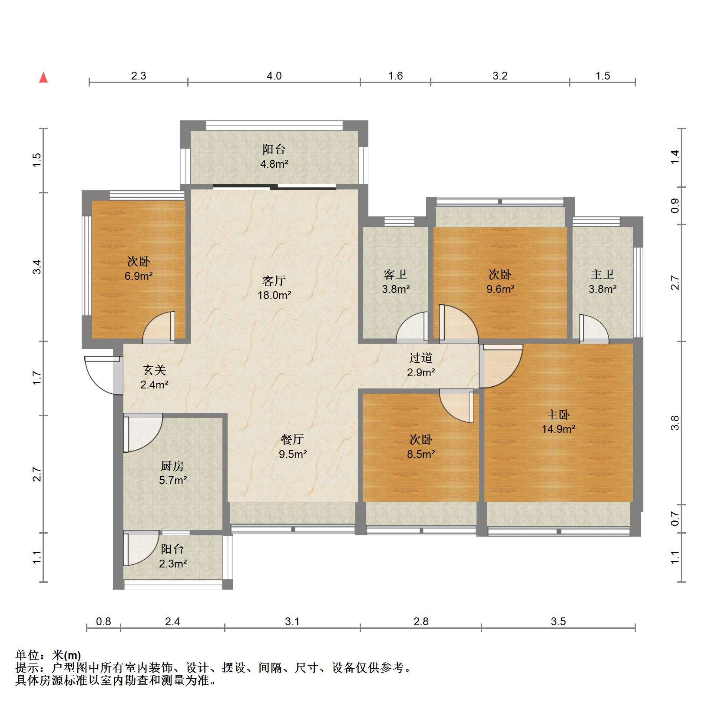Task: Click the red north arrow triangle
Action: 43,78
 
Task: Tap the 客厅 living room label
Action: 274,281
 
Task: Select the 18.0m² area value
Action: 274,295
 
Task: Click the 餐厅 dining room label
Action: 292,440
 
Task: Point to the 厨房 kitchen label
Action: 172,466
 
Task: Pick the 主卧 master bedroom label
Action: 558,415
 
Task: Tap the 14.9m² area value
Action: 558,429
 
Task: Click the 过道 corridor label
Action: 421,358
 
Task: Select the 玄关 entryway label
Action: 155,370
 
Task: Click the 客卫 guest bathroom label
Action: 395,274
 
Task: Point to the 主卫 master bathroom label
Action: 603,274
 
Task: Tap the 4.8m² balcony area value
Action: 274,164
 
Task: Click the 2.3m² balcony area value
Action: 172,564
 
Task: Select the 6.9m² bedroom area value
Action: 139,276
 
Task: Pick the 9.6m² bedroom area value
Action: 500,289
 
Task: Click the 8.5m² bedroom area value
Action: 421,455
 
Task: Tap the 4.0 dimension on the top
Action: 274,76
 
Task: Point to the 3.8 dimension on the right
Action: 674,423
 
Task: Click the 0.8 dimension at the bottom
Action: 103,622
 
